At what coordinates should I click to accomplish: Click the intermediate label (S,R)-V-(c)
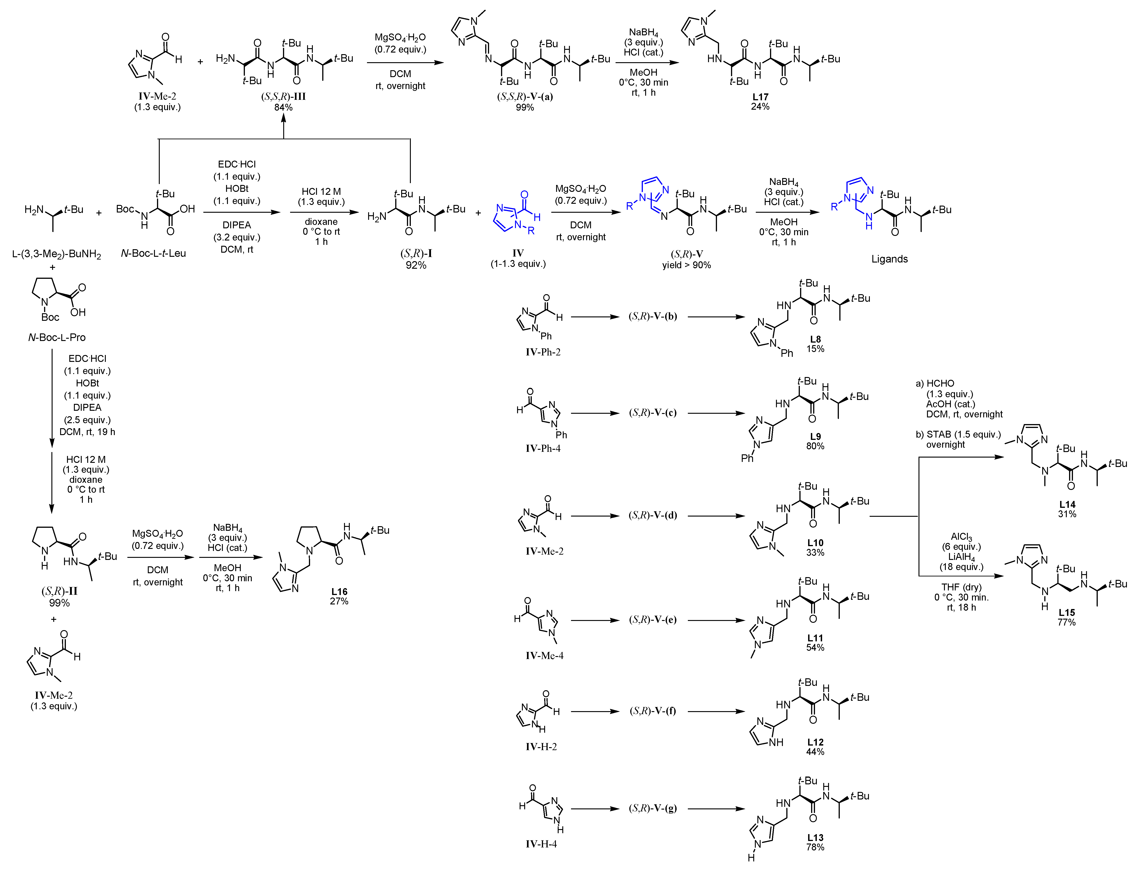(x=653, y=413)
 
